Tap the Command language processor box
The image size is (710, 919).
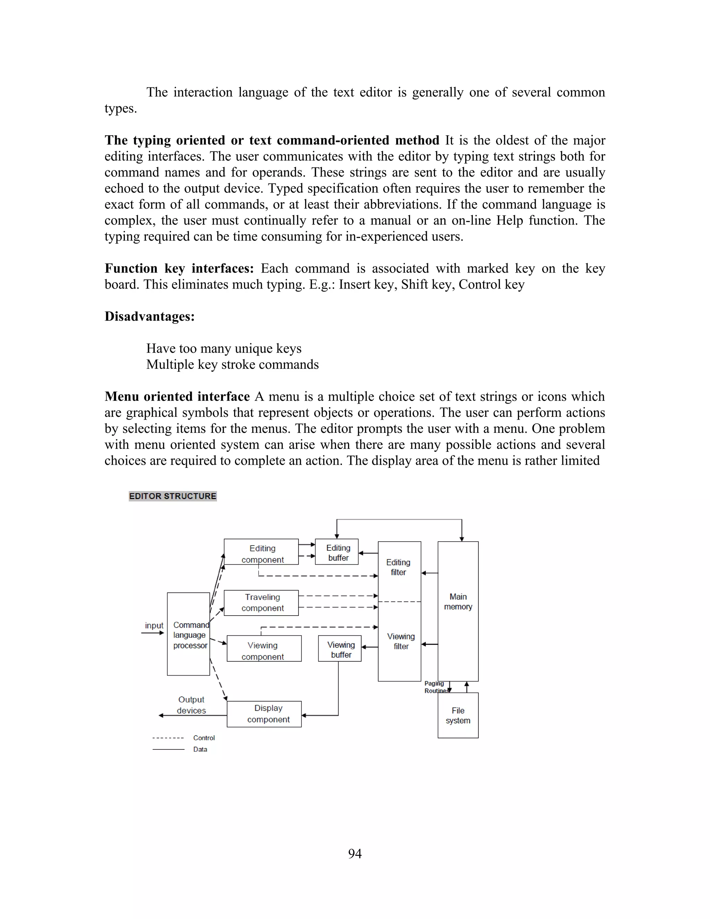189,635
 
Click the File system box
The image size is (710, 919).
458,715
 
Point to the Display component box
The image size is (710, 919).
264,714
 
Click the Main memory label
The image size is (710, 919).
458,601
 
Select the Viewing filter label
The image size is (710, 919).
400,641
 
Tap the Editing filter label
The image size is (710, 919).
398,567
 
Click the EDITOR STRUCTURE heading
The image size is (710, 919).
172,496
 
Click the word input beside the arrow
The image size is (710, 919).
154,625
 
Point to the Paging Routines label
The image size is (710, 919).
435,687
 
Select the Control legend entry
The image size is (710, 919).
204,738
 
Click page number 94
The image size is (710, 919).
355,853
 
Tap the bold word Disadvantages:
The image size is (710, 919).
149,316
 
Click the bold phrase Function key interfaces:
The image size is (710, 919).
179,268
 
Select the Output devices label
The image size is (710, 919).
191,705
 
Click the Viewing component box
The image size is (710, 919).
264,649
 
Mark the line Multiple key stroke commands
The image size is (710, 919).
232,364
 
